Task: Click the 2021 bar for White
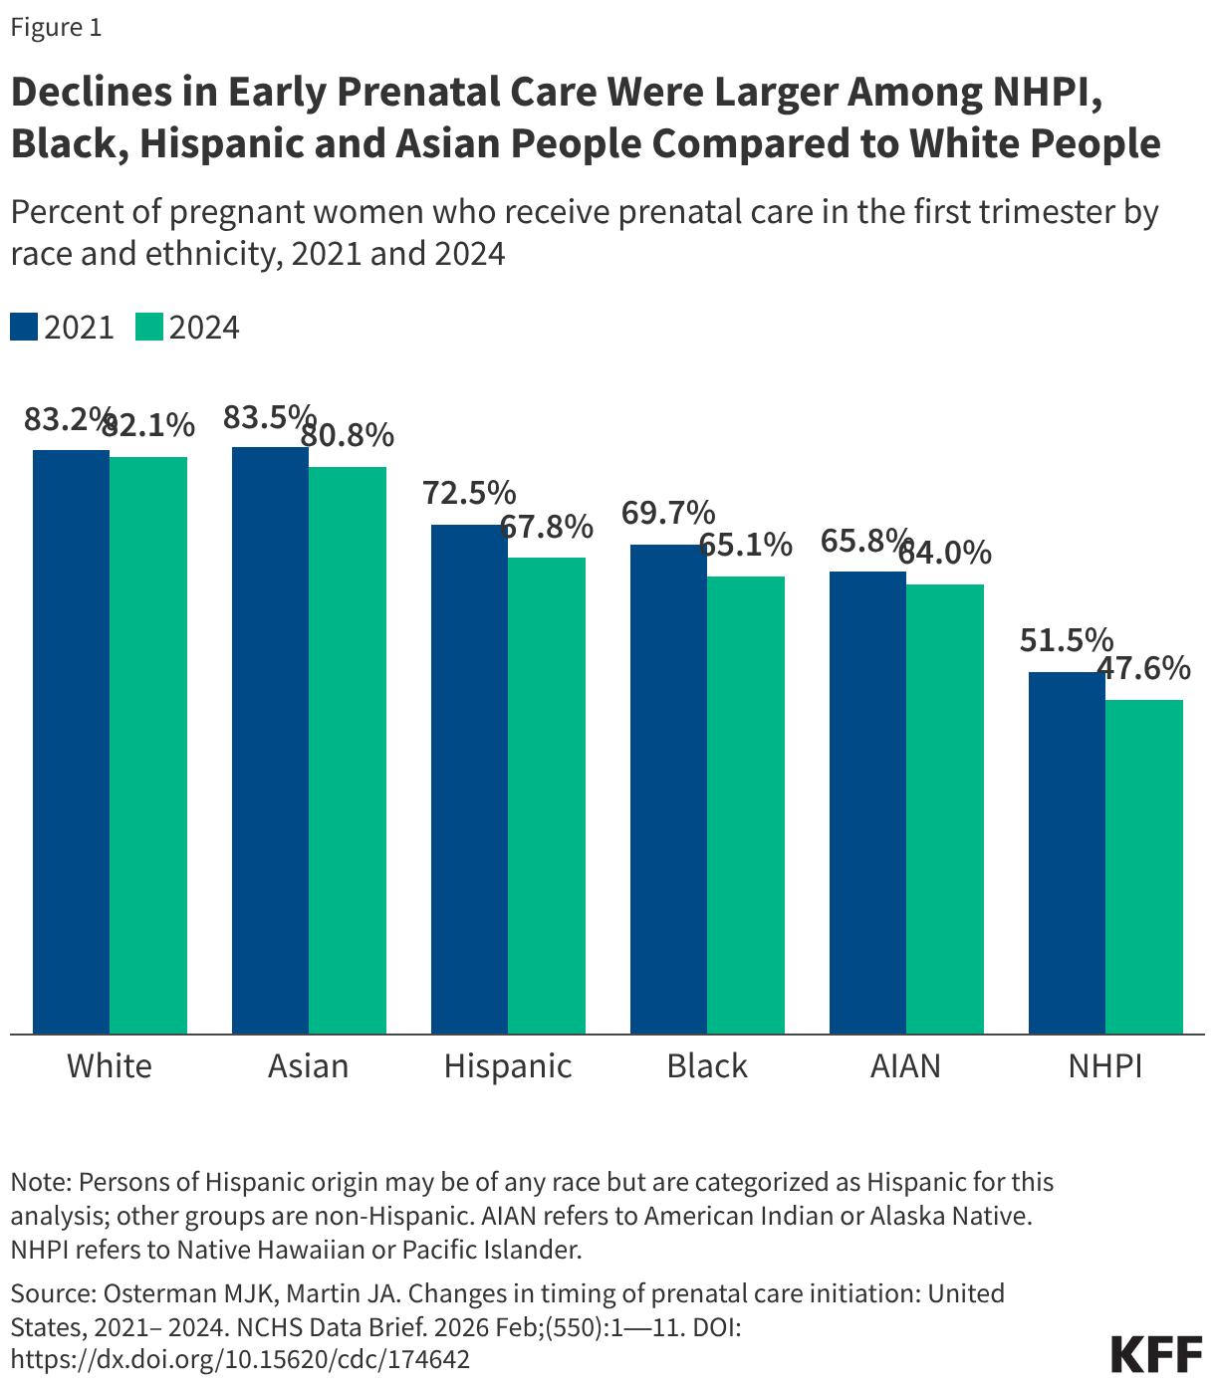pyautogui.click(x=71, y=742)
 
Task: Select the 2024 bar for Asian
pyautogui.click(x=348, y=750)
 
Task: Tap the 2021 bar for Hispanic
pyautogui.click(x=469, y=779)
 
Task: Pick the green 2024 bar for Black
pyautogui.click(x=746, y=805)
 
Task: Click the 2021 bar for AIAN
pyautogui.click(x=867, y=803)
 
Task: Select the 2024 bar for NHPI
pyautogui.click(x=1144, y=866)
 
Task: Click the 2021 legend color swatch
pyautogui.click(x=24, y=328)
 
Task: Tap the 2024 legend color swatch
pyautogui.click(x=149, y=328)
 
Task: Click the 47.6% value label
pyautogui.click(x=1143, y=668)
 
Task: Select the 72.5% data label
pyautogui.click(x=469, y=493)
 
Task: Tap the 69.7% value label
pyautogui.click(x=668, y=514)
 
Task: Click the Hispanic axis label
pyautogui.click(x=508, y=1066)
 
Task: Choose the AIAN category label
pyautogui.click(x=905, y=1066)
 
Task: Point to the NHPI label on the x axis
pyautogui.click(x=1104, y=1066)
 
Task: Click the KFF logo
pyautogui.click(x=1155, y=1355)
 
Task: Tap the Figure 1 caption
pyautogui.click(x=56, y=27)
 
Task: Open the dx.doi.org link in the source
pyautogui.click(x=240, y=1359)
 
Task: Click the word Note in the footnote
pyautogui.click(x=39, y=1182)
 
